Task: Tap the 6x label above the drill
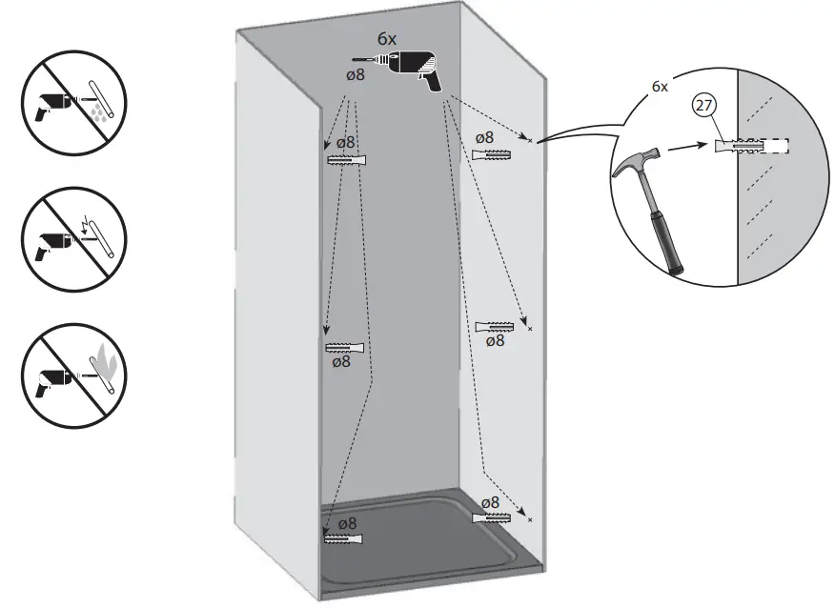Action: point(386,39)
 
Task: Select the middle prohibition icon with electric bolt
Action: point(65,234)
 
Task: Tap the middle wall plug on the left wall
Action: point(344,347)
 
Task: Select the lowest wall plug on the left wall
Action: point(344,539)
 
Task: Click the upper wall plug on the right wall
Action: point(494,154)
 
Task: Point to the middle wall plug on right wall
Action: point(495,327)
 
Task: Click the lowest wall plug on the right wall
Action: point(493,518)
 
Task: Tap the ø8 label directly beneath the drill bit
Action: point(354,74)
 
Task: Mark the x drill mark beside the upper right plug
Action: point(529,140)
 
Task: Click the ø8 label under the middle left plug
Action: point(340,362)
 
